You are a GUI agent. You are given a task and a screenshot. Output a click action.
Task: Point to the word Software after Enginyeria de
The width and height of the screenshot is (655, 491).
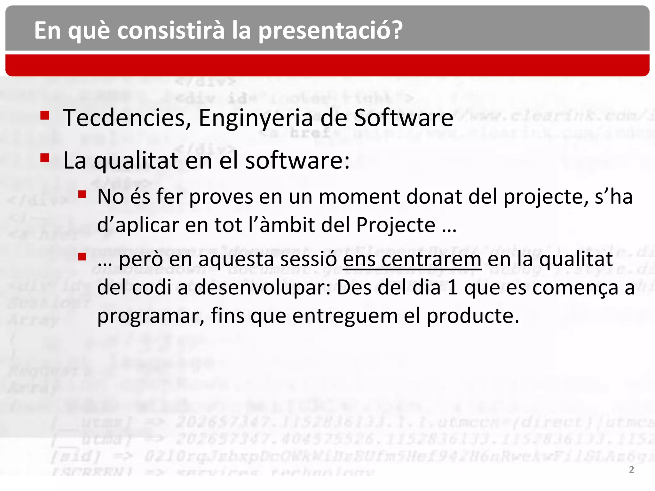tap(404, 118)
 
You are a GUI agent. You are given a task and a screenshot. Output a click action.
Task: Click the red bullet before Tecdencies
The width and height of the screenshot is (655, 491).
tap(45, 115)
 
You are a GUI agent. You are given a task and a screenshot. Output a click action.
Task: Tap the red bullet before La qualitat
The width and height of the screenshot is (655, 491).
tap(45, 158)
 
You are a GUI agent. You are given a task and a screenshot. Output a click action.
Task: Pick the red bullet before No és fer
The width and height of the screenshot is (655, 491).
tap(82, 194)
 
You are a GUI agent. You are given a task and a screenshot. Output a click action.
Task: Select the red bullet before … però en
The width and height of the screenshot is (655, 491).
tap(82, 257)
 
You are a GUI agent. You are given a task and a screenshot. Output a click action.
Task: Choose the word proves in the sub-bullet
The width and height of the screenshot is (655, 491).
tap(221, 197)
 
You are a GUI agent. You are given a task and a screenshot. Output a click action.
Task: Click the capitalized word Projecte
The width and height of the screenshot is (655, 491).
tap(396, 225)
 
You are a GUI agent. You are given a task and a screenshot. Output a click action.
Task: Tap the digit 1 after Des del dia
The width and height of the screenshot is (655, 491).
tap(452, 288)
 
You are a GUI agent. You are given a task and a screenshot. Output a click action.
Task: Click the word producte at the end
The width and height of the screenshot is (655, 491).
tap(473, 316)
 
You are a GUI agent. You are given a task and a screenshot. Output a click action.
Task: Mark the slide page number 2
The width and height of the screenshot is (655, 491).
tap(632, 470)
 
